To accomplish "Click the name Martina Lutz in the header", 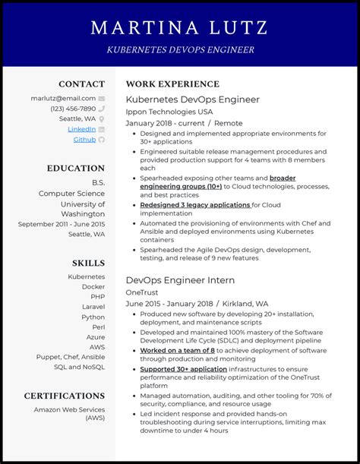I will (179, 28).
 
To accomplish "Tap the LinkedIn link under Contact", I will (81, 129).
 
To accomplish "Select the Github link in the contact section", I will (84, 140).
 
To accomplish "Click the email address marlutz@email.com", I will (63, 98).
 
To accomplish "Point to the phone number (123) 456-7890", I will (73, 109).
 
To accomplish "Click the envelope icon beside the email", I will (102, 99).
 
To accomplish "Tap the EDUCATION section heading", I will (75, 169).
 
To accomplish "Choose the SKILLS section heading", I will (88, 263).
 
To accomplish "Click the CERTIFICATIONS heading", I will (64, 396).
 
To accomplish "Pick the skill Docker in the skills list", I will (93, 287).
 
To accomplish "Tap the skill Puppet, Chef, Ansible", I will (70, 356).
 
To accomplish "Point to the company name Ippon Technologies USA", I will (169, 111).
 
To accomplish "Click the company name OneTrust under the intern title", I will (143, 292).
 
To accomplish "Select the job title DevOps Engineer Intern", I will (180, 280).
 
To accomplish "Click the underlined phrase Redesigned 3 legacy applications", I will (195, 205).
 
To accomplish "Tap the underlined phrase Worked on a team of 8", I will (177, 351).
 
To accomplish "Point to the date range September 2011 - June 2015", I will (62, 224).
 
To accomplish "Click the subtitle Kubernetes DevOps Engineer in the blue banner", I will (179, 50).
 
